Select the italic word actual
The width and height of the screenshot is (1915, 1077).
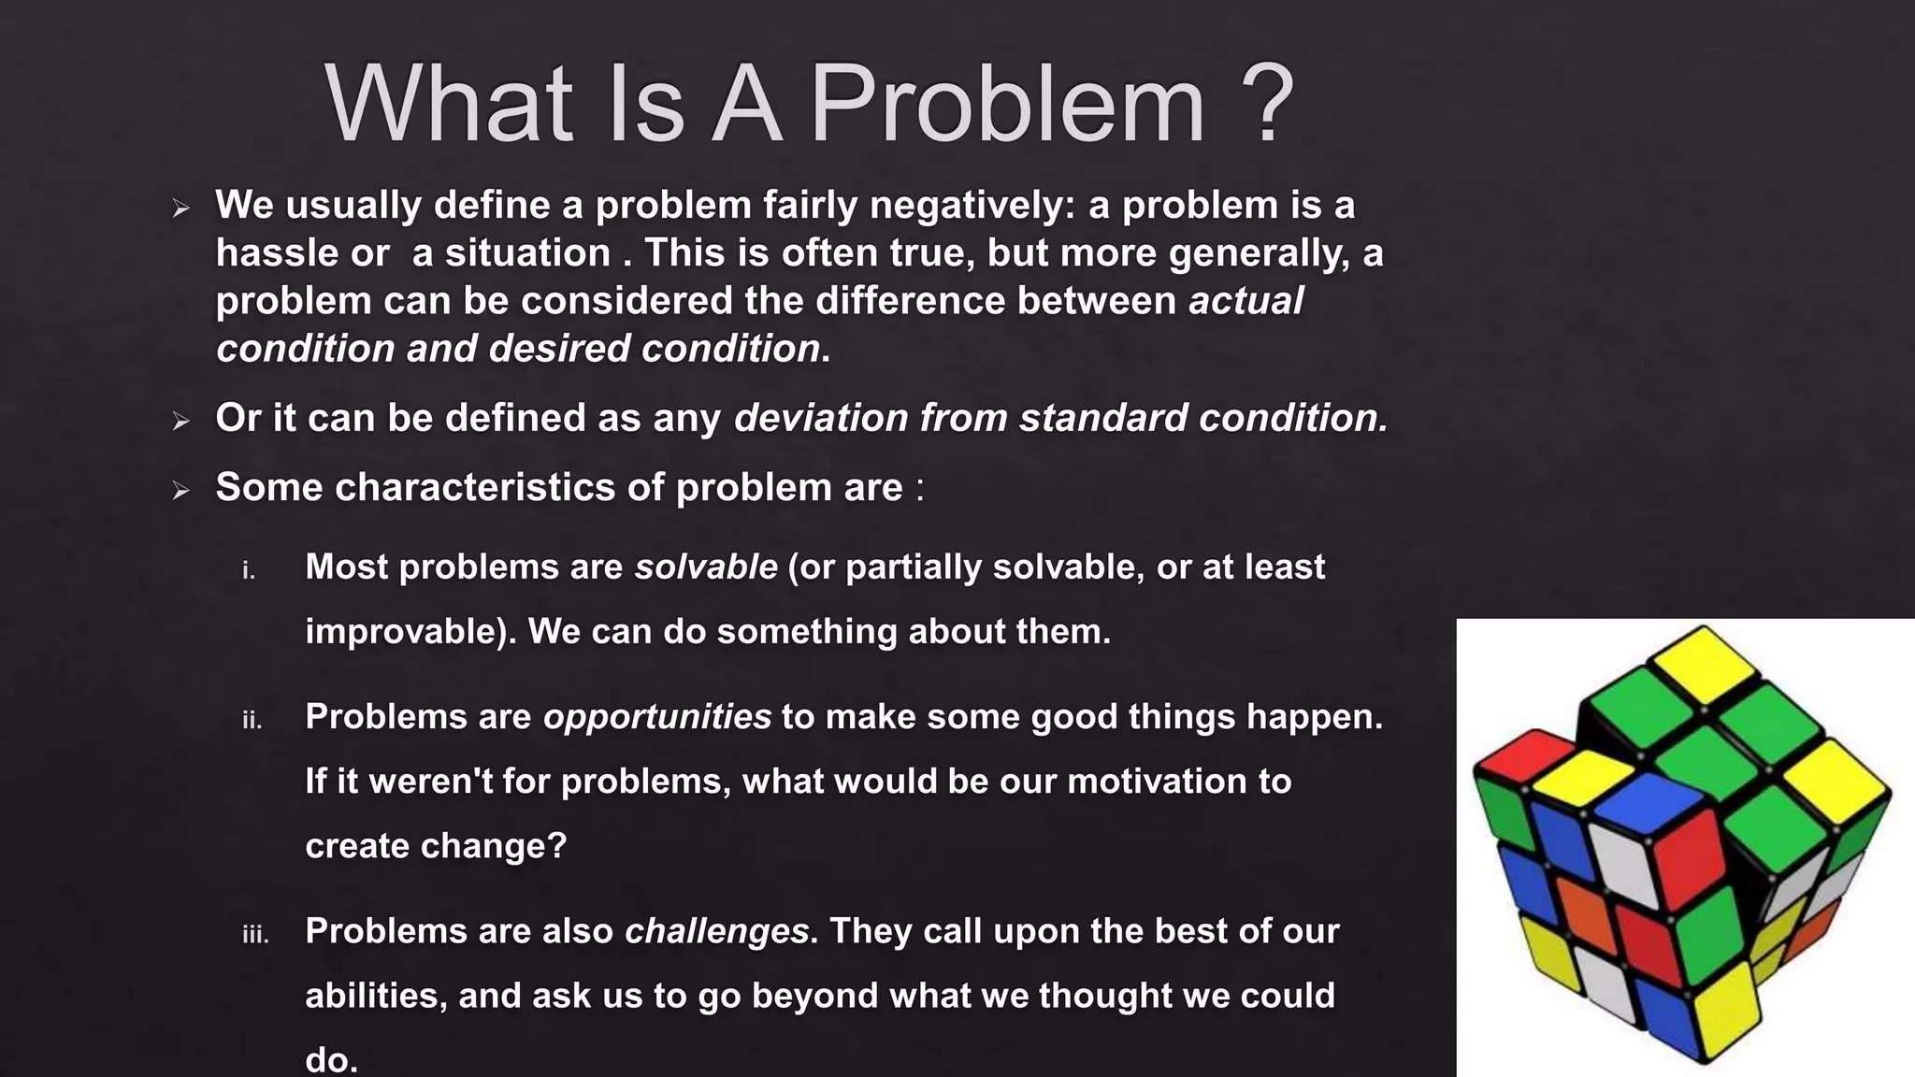pos(1245,301)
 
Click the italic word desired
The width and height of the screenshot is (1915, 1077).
pos(558,349)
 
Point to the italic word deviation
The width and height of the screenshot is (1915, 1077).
pos(820,418)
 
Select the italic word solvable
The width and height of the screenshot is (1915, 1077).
pos(706,567)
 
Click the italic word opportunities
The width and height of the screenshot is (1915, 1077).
pos(657,717)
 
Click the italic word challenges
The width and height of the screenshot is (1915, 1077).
pos(716,931)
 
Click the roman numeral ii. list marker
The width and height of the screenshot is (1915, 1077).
pos(252,720)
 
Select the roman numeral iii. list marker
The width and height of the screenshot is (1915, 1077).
pos(255,934)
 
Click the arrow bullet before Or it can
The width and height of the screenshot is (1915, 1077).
pos(181,422)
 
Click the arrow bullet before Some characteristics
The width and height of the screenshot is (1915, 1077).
pos(181,491)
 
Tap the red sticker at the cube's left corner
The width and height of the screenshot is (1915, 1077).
pos(1517,755)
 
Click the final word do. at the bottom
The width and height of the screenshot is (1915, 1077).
pos(331,1060)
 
